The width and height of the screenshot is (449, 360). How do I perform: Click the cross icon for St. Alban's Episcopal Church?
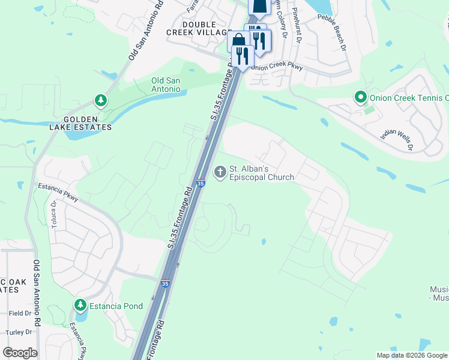(220, 173)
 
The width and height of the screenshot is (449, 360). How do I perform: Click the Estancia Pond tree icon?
(80, 305)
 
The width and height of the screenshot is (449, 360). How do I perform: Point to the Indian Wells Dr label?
(397, 138)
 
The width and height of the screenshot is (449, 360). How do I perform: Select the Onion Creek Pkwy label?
(278, 66)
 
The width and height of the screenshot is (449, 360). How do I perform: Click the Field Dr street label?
(20, 313)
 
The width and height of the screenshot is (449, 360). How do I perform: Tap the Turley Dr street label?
(19, 332)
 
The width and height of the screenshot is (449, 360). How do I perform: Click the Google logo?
(20, 353)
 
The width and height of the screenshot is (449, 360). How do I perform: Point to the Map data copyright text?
(412, 355)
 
